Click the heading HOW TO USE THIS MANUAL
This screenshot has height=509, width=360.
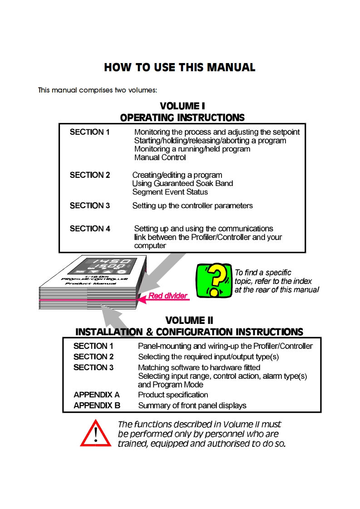coord(180,68)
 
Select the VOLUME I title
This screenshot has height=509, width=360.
coord(182,106)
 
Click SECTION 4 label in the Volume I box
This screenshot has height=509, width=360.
coord(90,229)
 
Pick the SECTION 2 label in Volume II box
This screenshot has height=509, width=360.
coord(94,357)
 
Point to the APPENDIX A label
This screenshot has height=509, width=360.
coord(96,395)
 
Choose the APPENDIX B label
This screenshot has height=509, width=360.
coord(97,406)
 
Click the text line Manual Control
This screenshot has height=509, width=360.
coord(160,157)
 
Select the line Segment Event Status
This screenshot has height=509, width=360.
coord(163,192)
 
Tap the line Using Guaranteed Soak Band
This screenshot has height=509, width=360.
coord(182,183)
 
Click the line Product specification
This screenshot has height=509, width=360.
coord(173,395)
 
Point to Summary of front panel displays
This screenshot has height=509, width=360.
coord(192,406)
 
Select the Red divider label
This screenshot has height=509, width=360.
coord(168,296)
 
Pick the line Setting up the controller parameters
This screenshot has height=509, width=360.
coord(192,206)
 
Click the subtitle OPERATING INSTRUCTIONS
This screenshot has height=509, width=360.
coord(182,117)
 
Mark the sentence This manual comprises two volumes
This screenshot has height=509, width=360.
coord(98,90)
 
